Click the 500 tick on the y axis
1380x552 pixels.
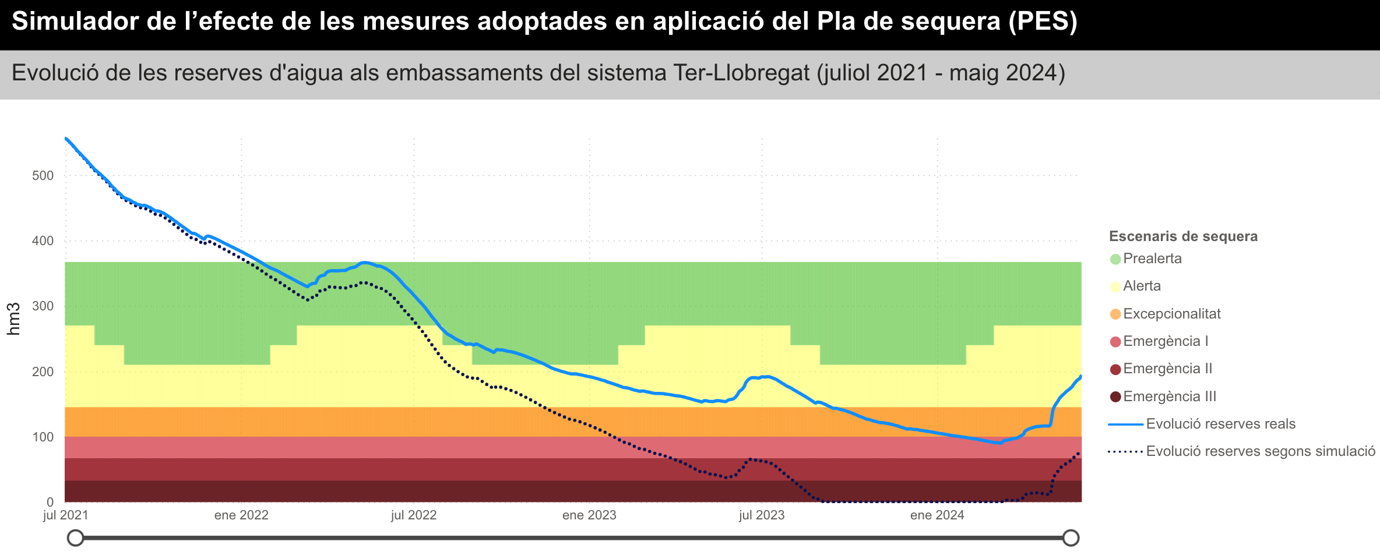point(43,176)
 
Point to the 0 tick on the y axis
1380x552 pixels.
point(50,502)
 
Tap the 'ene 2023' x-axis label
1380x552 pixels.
point(589,515)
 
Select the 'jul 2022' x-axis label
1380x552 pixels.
point(414,515)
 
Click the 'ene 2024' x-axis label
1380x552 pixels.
point(937,515)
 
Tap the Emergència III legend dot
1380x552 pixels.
point(1115,397)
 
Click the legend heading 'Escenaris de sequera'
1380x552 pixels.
point(1183,236)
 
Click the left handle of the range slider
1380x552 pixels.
point(75,538)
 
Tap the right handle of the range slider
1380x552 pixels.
point(1071,538)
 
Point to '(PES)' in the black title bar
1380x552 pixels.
point(1043,22)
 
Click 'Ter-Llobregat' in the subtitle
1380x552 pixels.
point(741,73)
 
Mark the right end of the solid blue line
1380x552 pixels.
point(1081,377)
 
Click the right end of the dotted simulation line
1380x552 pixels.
point(1079,452)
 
